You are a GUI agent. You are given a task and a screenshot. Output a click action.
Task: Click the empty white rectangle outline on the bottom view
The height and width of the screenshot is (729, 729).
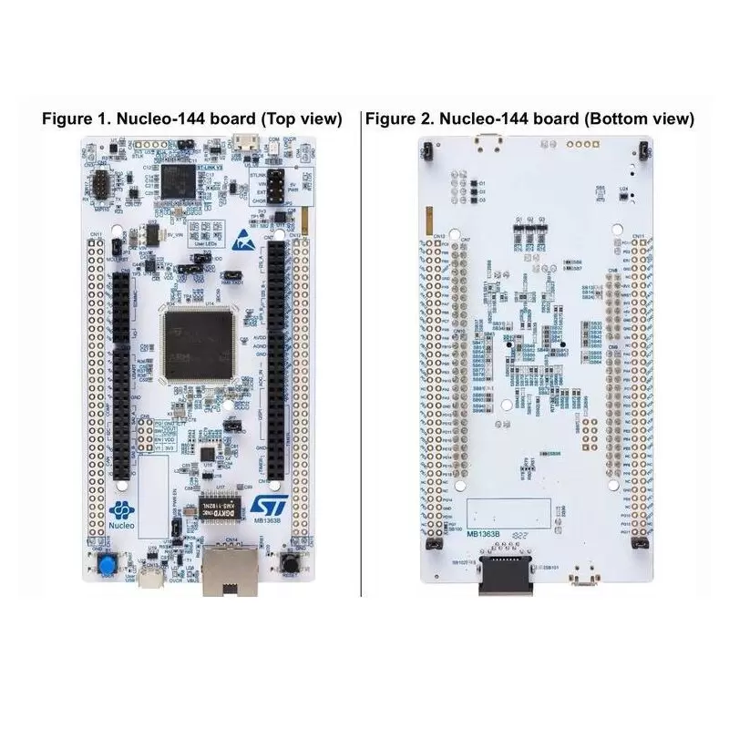(510, 512)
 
